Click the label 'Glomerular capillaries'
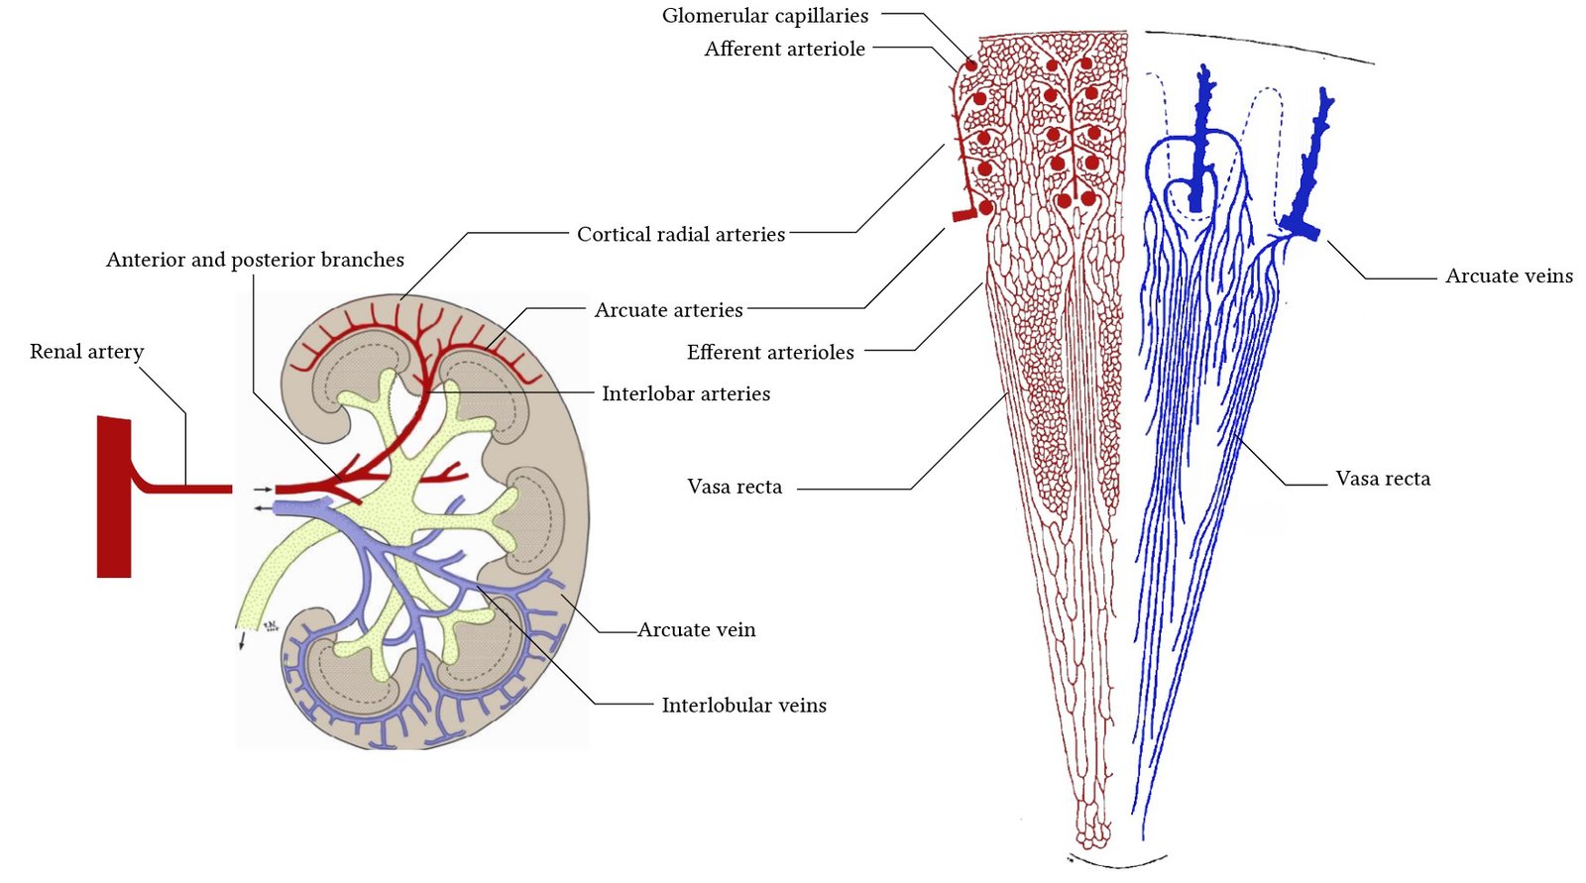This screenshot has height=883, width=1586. [x=764, y=16]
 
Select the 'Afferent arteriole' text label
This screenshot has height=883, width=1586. [x=784, y=49]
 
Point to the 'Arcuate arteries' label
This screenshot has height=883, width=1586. [x=668, y=310]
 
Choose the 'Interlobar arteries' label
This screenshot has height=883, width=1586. [x=685, y=393]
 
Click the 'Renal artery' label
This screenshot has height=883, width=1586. [x=86, y=352]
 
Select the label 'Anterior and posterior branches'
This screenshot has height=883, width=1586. [x=255, y=260]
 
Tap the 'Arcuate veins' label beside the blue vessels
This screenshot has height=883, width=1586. [x=1508, y=276]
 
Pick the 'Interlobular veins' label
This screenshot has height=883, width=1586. [x=743, y=706]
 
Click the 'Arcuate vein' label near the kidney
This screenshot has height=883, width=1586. [x=696, y=630]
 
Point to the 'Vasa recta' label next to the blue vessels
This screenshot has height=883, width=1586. [x=1382, y=480]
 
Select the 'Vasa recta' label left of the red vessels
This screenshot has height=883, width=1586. [x=734, y=487]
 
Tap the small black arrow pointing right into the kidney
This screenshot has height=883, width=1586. [x=262, y=490]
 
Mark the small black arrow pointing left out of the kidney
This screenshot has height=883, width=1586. [x=262, y=507]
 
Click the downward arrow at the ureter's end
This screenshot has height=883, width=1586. [x=241, y=641]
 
